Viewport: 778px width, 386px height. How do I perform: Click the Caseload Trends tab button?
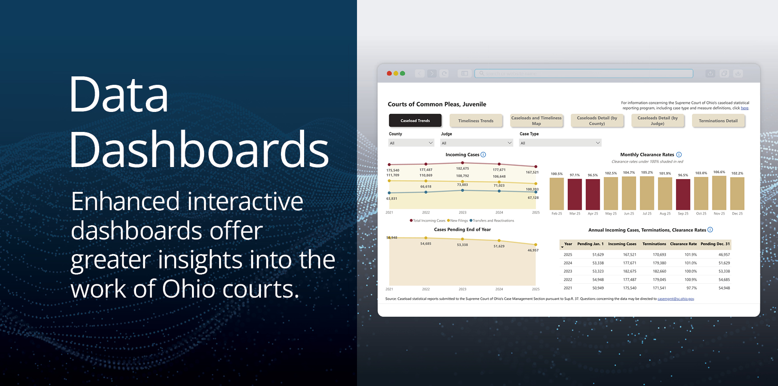click(415, 120)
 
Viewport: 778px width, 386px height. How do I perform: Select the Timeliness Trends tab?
click(476, 120)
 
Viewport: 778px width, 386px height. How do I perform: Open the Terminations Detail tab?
click(718, 120)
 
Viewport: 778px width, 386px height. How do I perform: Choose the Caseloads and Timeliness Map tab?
click(536, 120)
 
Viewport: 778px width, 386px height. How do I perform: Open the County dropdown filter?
click(411, 143)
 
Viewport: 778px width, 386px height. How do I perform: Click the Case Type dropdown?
click(560, 143)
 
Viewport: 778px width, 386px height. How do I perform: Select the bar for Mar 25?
click(575, 194)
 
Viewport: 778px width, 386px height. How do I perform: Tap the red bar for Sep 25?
click(683, 194)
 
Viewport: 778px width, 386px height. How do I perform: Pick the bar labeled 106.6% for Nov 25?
click(719, 193)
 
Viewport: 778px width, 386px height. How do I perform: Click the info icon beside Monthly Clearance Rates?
click(679, 155)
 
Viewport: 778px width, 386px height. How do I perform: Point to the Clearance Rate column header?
click(683, 244)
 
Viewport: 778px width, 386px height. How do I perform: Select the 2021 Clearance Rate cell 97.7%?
click(691, 288)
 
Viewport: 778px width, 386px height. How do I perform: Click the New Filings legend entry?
click(458, 220)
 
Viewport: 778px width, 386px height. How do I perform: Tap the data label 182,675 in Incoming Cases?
click(462, 168)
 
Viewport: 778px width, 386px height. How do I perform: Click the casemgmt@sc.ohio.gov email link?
click(676, 298)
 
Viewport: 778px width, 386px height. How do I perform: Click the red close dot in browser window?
click(389, 73)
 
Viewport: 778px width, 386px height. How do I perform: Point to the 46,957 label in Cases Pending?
click(533, 250)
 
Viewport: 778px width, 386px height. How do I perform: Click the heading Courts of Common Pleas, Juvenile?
click(437, 104)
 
